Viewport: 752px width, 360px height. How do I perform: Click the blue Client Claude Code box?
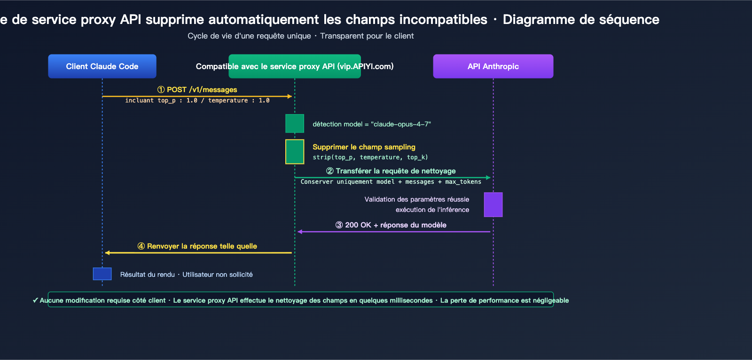102,66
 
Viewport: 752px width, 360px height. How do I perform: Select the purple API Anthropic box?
493,66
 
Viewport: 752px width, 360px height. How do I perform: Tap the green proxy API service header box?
295,66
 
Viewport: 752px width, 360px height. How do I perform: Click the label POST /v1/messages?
197,89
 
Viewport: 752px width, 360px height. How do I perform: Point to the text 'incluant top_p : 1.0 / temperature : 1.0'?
197,101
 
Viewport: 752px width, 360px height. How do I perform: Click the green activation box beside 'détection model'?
295,124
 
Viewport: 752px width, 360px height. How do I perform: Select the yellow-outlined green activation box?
295,151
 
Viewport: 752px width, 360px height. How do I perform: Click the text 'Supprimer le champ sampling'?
364,147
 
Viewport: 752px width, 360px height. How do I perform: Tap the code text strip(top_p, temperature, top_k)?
370,157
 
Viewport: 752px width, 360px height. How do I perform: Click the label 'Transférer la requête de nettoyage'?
391,171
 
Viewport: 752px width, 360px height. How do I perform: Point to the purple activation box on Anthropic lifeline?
493,204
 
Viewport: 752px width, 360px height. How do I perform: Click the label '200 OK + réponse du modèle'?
391,225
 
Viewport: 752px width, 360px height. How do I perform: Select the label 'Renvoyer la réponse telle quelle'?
197,246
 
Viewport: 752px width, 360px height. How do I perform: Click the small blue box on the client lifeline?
102,274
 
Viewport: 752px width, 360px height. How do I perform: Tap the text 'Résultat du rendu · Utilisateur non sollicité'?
186,274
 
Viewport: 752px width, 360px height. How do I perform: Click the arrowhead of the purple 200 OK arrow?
300,232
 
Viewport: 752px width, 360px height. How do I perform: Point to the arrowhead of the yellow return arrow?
108,253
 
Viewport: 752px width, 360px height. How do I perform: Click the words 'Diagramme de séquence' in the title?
581,19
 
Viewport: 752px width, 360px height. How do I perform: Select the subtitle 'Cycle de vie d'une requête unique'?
249,36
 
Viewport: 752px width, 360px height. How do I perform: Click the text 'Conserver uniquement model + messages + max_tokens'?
391,182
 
